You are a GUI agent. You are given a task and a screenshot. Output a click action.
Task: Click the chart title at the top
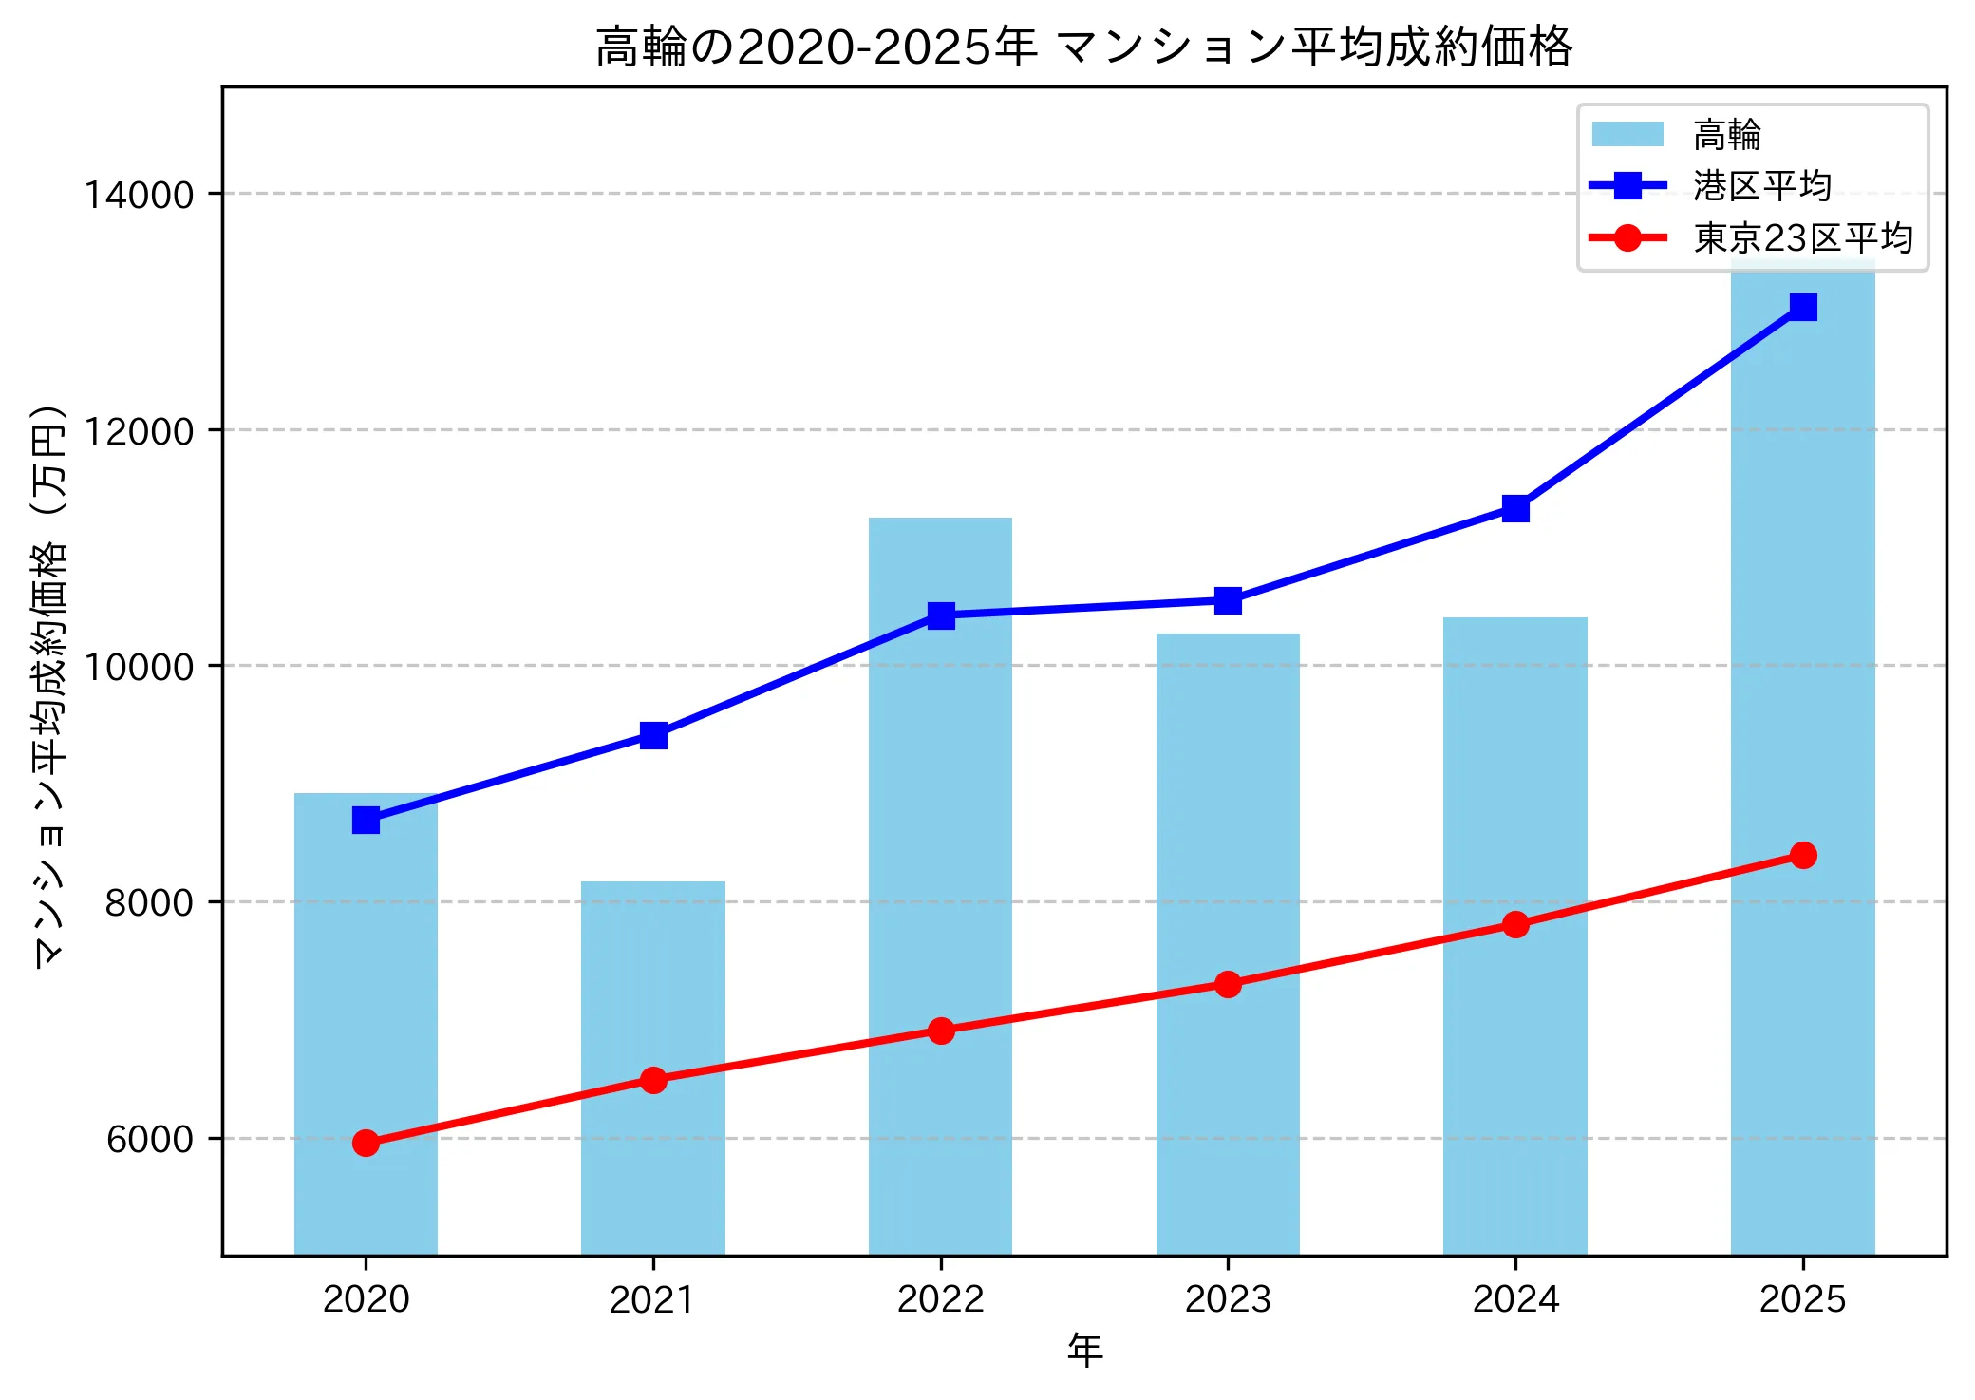click(x=1083, y=47)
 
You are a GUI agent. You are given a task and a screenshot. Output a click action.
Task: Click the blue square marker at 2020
click(x=366, y=820)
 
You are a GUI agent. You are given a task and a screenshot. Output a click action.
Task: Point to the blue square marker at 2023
click(x=1228, y=600)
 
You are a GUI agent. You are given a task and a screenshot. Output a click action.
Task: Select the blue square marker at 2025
click(x=1803, y=307)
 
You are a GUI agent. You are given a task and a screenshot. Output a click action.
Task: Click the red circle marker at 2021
click(x=653, y=1080)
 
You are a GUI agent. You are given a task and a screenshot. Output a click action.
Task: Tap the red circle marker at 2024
click(x=1515, y=924)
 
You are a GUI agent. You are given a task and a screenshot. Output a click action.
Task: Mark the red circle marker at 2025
click(x=1803, y=855)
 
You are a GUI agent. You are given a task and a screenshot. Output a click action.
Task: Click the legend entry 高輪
click(x=1726, y=135)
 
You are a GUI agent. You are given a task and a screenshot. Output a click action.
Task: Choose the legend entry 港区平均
click(x=1761, y=186)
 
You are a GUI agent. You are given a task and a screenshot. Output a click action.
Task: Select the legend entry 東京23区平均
click(x=1802, y=238)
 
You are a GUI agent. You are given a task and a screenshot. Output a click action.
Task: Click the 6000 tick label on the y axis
click(x=149, y=1139)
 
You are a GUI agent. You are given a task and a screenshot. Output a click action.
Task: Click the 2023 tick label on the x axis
click(x=1228, y=1299)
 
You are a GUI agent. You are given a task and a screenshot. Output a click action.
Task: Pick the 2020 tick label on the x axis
click(x=366, y=1299)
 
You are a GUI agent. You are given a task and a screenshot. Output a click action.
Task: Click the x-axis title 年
click(x=1084, y=1350)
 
